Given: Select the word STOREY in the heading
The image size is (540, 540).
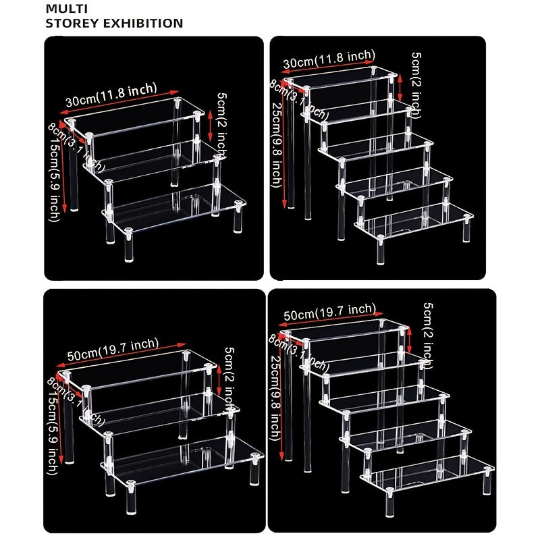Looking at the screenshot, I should [x=67, y=23].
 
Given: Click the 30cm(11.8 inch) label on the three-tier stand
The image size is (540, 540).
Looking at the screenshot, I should [x=111, y=95].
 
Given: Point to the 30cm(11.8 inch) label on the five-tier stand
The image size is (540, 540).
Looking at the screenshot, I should [x=329, y=59].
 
